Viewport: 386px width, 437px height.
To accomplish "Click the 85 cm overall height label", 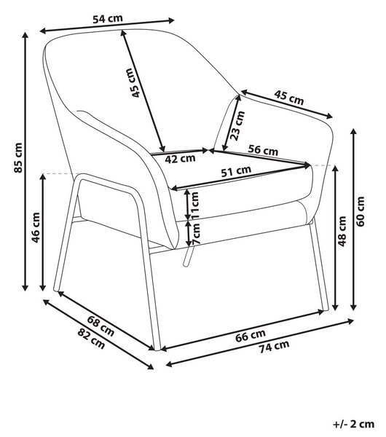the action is (x=18, y=158).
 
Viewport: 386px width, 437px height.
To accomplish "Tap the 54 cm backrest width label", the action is (x=108, y=19).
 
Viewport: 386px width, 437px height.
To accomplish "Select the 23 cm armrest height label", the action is (x=237, y=125).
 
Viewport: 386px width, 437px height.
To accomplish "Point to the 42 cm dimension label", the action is (x=180, y=159).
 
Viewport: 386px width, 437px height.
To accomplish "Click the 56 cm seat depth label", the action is (x=264, y=150).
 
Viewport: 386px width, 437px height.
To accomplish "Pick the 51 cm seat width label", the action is (x=236, y=171).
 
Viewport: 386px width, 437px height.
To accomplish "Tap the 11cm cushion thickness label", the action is (x=195, y=205).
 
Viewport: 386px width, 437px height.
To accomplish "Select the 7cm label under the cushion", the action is (x=196, y=234).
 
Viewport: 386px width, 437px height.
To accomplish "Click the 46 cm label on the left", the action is (x=36, y=228).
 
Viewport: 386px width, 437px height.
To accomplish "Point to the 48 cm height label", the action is (x=342, y=232).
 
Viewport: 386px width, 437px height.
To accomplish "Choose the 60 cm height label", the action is (x=361, y=211).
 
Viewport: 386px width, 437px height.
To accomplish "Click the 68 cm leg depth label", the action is (x=101, y=326).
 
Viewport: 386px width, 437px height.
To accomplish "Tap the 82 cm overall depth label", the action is (x=91, y=339).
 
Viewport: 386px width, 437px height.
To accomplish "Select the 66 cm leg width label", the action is (x=251, y=336).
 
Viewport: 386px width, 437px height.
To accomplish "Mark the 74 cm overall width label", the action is (x=274, y=347).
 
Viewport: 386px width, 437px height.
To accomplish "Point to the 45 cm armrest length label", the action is (x=288, y=98).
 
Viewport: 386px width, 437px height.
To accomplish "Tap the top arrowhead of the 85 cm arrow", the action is (x=25, y=35).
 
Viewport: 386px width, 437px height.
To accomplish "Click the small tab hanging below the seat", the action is (x=189, y=256).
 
